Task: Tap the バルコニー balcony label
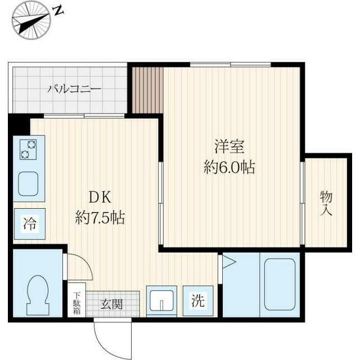pyautogui.click(x=74, y=89)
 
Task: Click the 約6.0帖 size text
pyautogui.click(x=229, y=167)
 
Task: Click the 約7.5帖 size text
pyautogui.click(x=100, y=218)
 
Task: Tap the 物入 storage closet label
pyautogui.click(x=326, y=203)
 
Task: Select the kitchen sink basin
pyautogui.click(x=28, y=183)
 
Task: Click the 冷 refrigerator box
pyautogui.click(x=29, y=223)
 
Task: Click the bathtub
pyautogui.click(x=280, y=285)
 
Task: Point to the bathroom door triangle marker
pyautogui.click(x=228, y=261)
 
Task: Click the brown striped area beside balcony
pyautogui.click(x=147, y=91)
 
